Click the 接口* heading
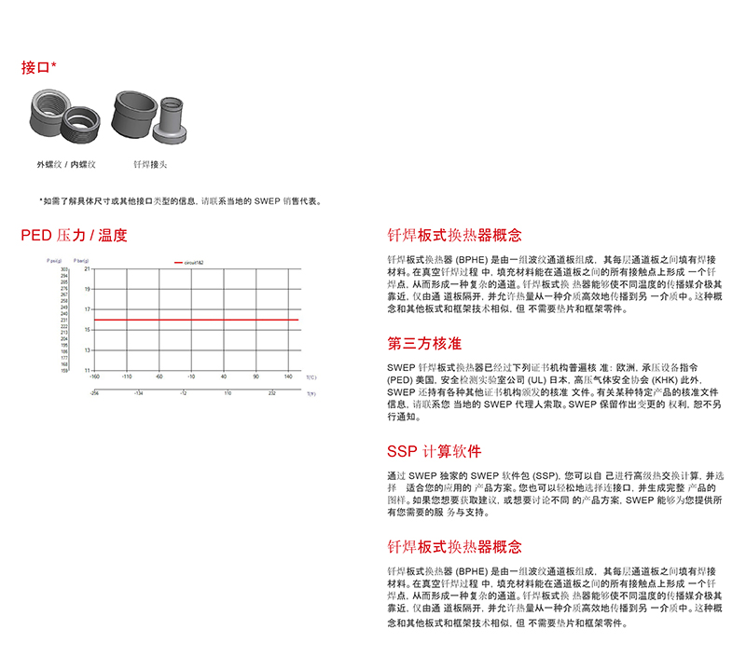[39, 67]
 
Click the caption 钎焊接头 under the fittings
[149, 164]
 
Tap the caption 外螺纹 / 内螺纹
[66, 164]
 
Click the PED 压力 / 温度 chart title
[74, 236]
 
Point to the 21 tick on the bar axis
[88, 268]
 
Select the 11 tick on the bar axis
[88, 370]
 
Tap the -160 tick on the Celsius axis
[94, 376]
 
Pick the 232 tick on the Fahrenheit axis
[271, 394]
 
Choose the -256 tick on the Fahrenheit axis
[94, 394]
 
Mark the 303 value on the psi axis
[65, 268]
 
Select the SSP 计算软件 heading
[434, 452]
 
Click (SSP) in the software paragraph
[546, 475]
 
